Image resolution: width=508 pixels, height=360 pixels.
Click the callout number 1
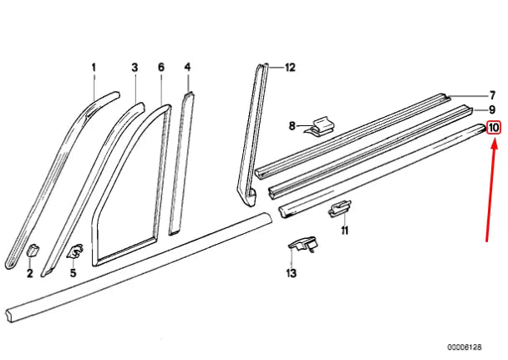(94, 67)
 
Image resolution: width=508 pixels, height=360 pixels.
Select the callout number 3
(134, 67)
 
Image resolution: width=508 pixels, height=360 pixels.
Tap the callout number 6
(160, 67)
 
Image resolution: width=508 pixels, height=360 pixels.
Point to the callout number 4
(187, 67)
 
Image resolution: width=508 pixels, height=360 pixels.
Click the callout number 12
(290, 67)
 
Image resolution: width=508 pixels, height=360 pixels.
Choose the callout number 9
(493, 109)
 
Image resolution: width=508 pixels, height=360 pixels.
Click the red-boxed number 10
(494, 128)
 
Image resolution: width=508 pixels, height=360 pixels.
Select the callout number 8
(293, 126)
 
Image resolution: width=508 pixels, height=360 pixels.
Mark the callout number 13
(291, 273)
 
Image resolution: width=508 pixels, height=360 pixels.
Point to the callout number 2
(29, 273)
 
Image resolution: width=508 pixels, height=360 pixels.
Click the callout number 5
(73, 273)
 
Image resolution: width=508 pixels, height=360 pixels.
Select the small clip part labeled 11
(339, 207)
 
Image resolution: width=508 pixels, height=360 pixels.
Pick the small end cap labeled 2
(33, 249)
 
